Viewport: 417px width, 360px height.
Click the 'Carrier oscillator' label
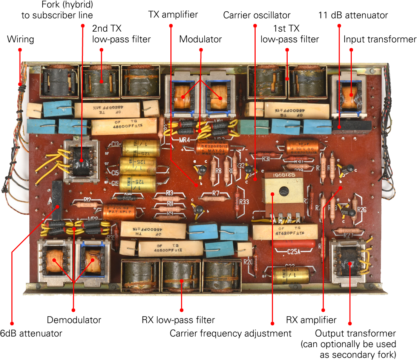tap(257, 15)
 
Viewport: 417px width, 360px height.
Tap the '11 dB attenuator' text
tap(353, 15)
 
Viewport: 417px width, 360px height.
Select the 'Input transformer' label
tap(380, 39)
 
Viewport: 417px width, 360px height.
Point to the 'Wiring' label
tap(20, 39)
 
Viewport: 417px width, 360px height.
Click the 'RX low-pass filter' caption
tap(178, 320)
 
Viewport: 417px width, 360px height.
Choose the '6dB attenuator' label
tap(31, 333)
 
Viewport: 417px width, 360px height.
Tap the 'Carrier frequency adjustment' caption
tap(231, 333)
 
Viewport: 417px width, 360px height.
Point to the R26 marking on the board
tap(361, 209)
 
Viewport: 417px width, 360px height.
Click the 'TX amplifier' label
tap(173, 15)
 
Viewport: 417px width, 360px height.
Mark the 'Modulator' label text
tap(201, 39)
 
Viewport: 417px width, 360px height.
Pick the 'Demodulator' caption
tap(74, 320)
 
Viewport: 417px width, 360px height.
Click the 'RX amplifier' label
tap(311, 320)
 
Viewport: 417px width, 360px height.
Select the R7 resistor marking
tap(216, 193)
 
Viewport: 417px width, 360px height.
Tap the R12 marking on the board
tap(87, 200)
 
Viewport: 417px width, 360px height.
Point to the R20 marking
tap(248, 262)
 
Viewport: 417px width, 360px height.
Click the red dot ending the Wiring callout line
tap(20, 50)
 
